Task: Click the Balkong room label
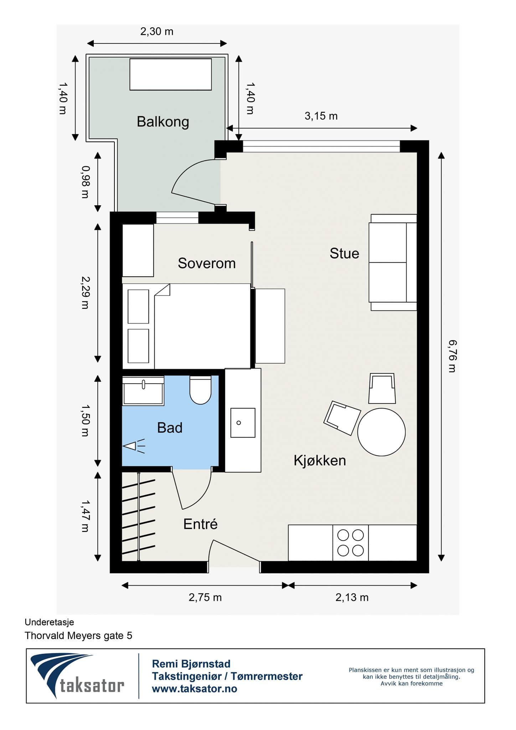(163, 122)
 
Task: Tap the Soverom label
(207, 263)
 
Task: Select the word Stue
(344, 253)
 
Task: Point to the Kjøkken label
(320, 460)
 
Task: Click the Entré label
(200, 524)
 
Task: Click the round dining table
(381, 432)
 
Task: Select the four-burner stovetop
(350, 543)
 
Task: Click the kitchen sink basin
(243, 423)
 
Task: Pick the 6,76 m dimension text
(452, 356)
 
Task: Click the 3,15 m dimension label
(321, 116)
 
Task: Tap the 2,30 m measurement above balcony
(157, 31)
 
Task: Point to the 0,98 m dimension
(85, 182)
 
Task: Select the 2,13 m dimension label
(352, 597)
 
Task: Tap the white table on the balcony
(170, 74)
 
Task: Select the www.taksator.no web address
(195, 689)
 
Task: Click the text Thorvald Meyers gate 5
(78, 635)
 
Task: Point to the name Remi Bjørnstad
(191, 663)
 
